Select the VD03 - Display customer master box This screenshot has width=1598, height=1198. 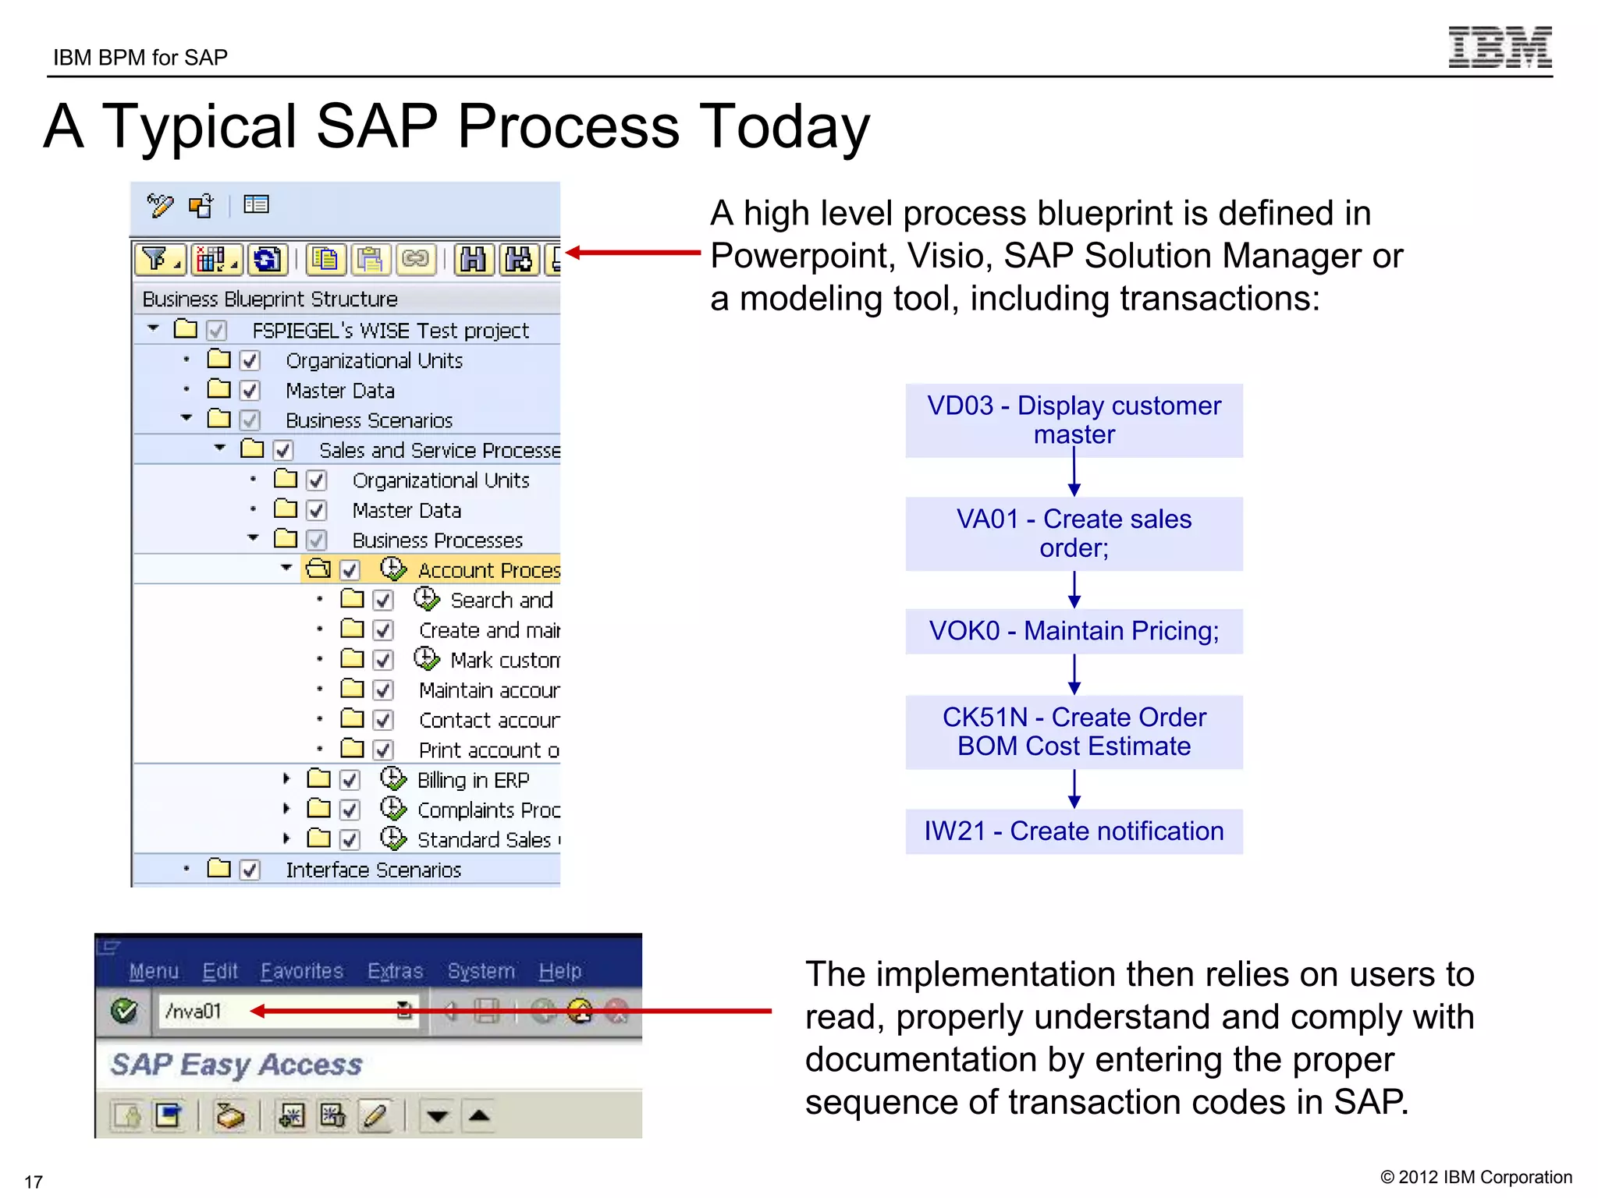pos(1074,420)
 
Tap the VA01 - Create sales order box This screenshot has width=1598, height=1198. pos(1074,533)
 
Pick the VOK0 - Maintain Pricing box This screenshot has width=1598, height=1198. pos(1074,631)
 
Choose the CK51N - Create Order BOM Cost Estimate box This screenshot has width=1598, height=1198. pos(1074,732)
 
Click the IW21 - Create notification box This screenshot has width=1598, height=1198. pos(1074,831)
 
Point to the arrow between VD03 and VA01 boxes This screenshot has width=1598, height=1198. pos(1074,477)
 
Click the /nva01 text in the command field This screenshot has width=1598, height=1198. pos(194,1012)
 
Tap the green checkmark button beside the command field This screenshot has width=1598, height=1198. pos(124,1012)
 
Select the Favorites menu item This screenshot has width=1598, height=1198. pos(301,971)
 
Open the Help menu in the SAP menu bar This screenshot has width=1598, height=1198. pos(559,971)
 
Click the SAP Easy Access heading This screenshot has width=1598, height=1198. pos(236,1065)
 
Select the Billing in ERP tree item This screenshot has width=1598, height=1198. pos(473,780)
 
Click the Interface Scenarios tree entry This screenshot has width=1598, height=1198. pos(373,870)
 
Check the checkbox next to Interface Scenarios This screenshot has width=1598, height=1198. pos(250,870)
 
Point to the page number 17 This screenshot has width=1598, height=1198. pos(34,1182)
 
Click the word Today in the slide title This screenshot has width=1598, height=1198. pos(783,126)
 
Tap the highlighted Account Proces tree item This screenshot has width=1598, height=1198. pos(488,570)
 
